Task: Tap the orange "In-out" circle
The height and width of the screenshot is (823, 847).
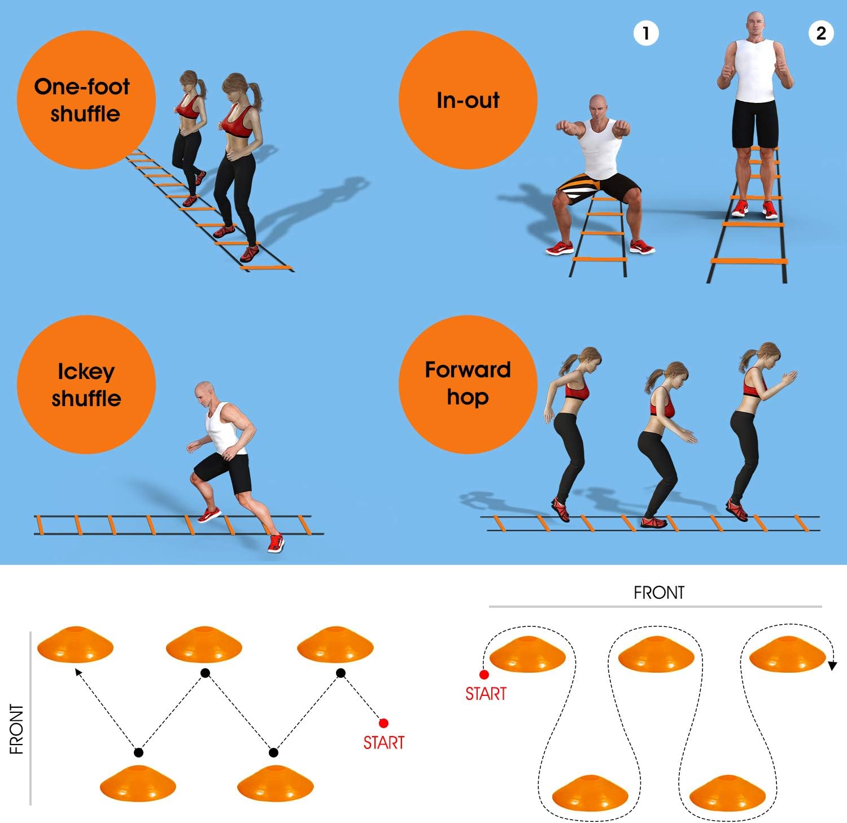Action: point(468,100)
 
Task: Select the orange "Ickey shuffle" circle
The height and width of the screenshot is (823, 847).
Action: point(86,385)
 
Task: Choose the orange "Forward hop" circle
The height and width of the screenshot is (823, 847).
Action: point(468,384)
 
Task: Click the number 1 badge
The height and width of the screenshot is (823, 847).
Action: point(646,33)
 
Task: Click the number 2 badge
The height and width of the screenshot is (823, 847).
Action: point(821,33)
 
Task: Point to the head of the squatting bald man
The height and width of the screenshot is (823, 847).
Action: point(600,107)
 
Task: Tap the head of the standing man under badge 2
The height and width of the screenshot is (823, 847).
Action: point(756,24)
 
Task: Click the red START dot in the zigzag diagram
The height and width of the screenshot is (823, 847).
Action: point(383,723)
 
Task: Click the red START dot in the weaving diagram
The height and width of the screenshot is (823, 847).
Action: point(484,674)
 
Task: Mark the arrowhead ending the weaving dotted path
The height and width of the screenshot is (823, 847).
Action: point(832,666)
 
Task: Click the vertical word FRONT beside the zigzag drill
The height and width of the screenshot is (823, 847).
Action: point(17,729)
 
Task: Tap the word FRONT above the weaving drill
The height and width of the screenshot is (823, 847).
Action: point(658,593)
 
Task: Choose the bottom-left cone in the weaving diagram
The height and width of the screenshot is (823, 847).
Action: point(590,792)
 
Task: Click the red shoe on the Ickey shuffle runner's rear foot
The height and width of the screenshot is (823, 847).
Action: point(275,543)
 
